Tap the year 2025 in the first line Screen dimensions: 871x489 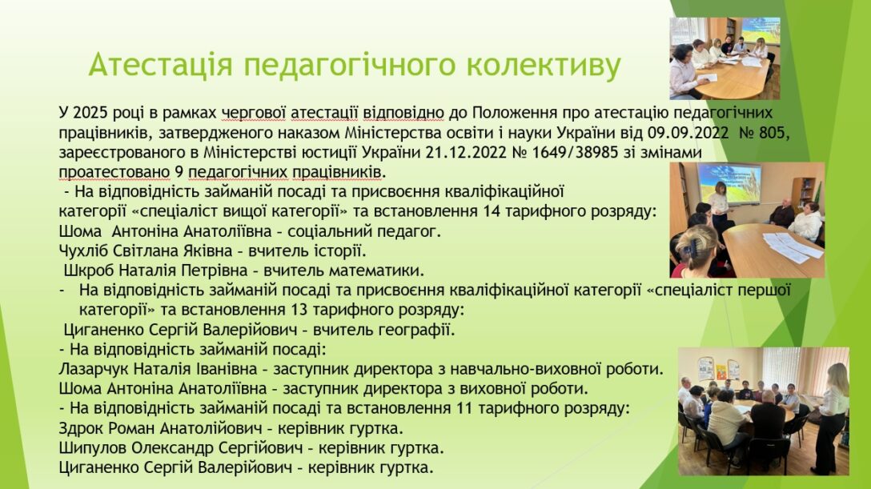(x=90, y=113)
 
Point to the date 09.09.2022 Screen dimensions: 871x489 (x=688, y=133)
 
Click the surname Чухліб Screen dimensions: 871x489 (x=83, y=251)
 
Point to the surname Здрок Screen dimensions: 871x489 (x=81, y=428)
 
